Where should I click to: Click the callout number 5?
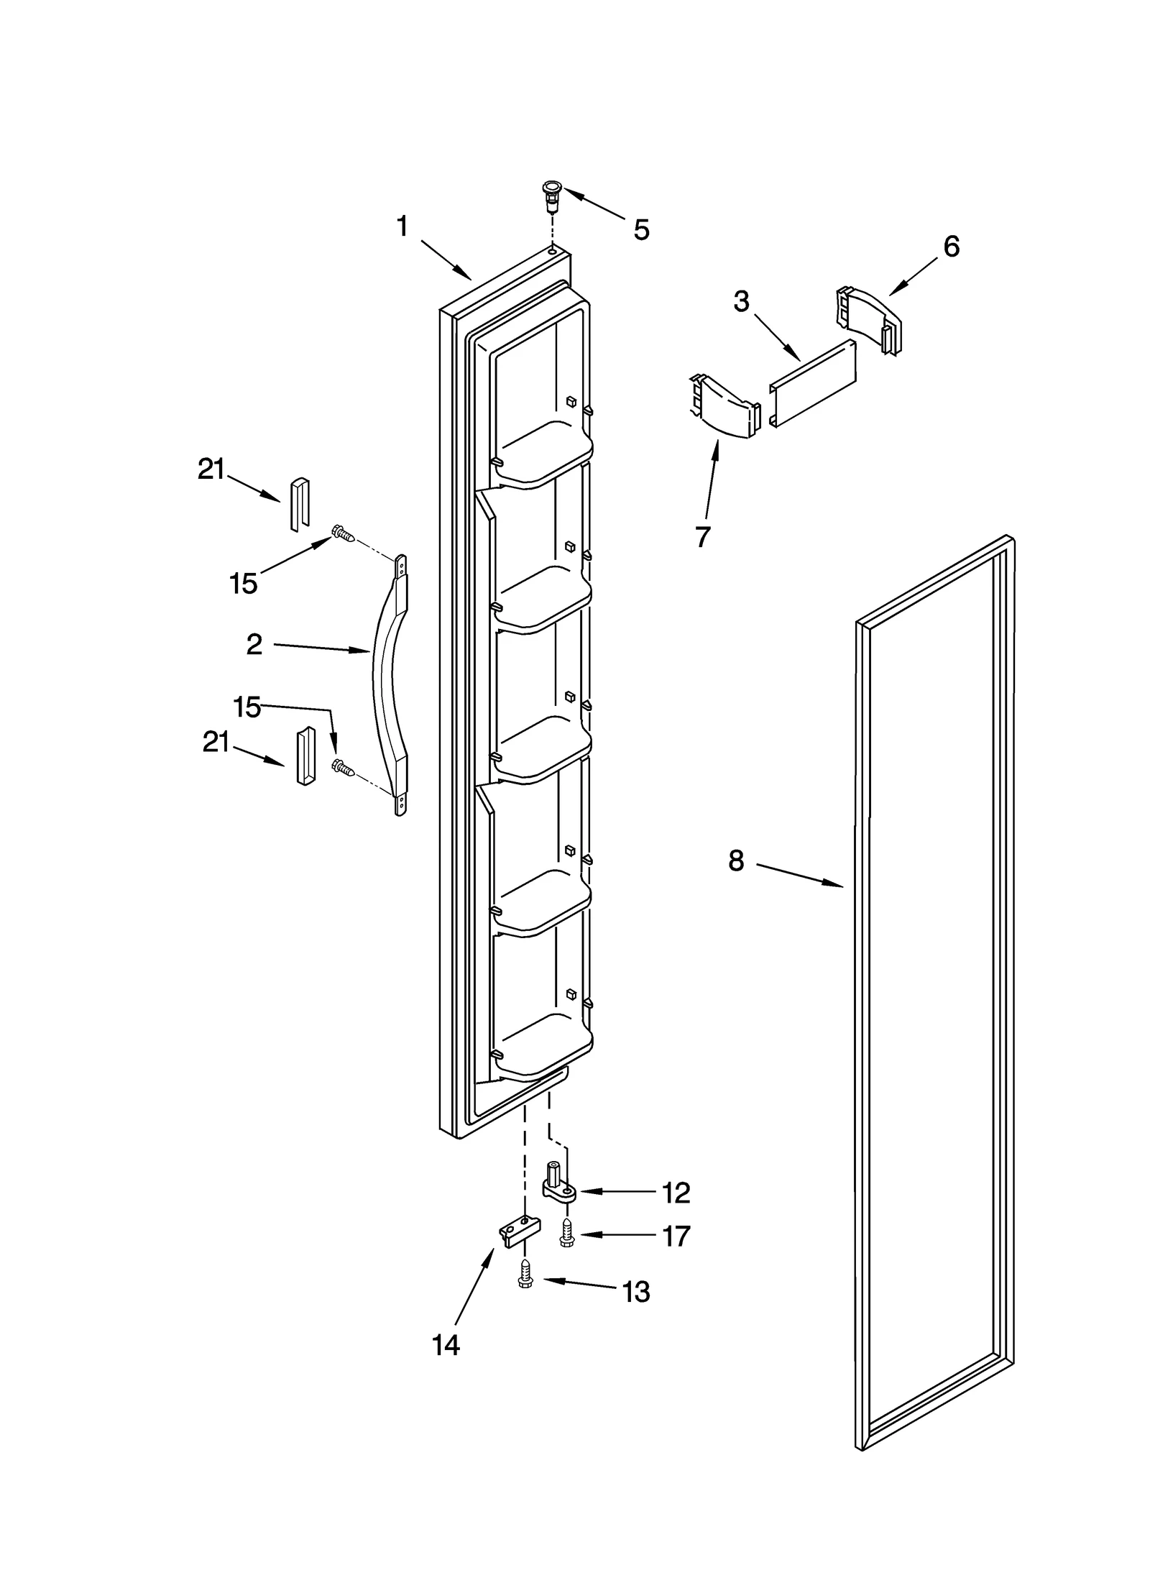(x=641, y=230)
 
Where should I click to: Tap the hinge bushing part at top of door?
(x=551, y=196)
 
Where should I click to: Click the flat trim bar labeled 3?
(x=814, y=384)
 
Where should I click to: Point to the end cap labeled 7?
(x=723, y=408)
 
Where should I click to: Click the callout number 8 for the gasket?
(x=735, y=860)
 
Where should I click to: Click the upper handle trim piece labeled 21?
(x=299, y=503)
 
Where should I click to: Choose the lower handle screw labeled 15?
(x=343, y=768)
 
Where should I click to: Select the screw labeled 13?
(x=525, y=1280)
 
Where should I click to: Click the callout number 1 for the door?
(x=402, y=226)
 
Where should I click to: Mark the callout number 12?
(x=675, y=1193)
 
